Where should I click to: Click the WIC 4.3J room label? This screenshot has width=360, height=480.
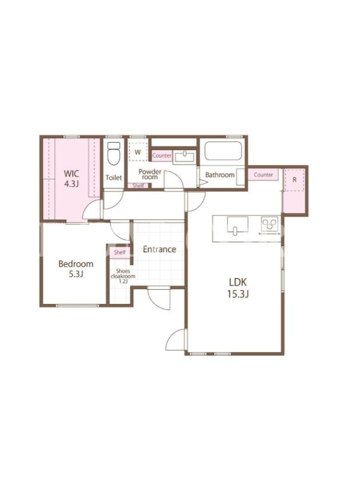tap(71, 178)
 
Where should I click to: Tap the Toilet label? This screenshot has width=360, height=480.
tap(113, 178)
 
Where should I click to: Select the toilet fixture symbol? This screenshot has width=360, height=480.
tap(114, 154)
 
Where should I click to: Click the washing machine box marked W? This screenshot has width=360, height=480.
tap(138, 152)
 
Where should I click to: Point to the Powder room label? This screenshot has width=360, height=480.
tap(149, 174)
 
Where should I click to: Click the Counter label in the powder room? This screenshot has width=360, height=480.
tap(162, 155)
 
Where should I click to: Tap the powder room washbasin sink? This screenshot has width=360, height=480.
tap(185, 157)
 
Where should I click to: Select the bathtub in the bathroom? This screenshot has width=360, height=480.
tap(223, 151)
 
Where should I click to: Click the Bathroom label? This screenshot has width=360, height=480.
tap(220, 175)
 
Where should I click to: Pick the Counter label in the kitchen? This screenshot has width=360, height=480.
tap(263, 175)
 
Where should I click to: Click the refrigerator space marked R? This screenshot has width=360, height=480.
tap(295, 179)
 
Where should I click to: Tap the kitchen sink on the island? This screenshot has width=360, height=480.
tap(238, 226)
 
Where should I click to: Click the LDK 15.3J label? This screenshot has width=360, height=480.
tap(238, 288)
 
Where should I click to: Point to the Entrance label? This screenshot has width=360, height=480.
tap(160, 249)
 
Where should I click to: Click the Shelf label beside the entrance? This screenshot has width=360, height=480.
tap(119, 252)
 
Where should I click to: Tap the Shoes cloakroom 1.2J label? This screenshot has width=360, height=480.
tap(123, 276)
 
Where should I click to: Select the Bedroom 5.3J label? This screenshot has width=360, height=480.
tap(76, 269)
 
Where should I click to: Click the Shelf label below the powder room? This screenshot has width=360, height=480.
tap(138, 185)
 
